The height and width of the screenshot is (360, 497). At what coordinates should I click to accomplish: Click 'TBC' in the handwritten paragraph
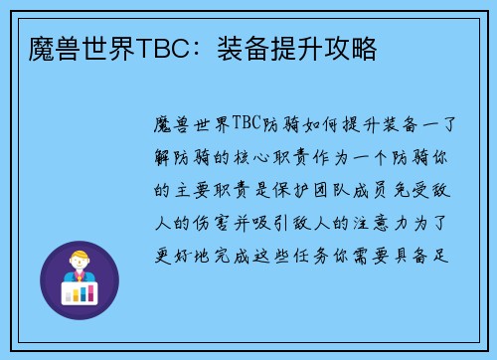click(246, 123)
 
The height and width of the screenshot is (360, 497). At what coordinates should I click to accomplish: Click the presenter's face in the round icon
click(79, 262)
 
